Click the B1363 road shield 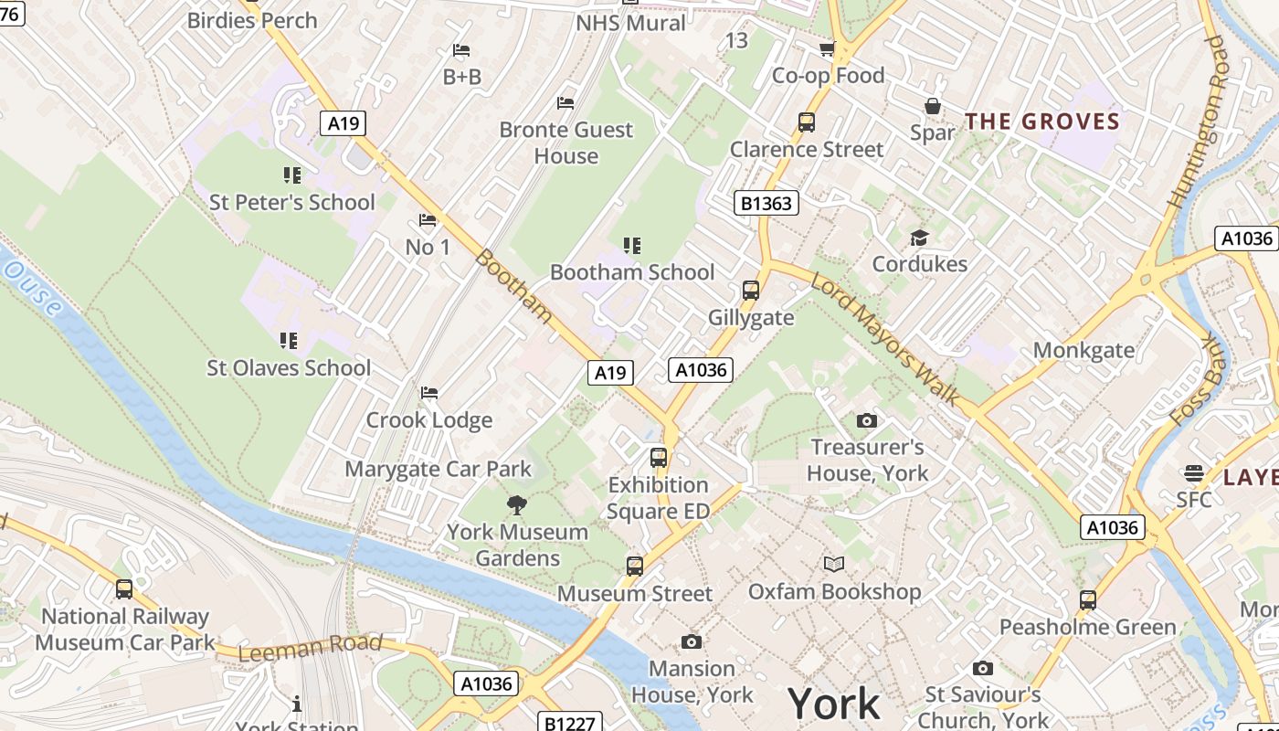pyautogui.click(x=766, y=203)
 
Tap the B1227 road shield pyautogui.click(x=569, y=723)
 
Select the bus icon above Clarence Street pyautogui.click(x=806, y=122)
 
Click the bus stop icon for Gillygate pyautogui.click(x=750, y=291)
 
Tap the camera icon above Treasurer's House pyautogui.click(x=866, y=420)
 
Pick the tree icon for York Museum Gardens pyautogui.click(x=516, y=504)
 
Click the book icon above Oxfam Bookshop pyautogui.click(x=833, y=564)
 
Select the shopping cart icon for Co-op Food pyautogui.click(x=827, y=48)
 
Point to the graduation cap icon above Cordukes pyautogui.click(x=919, y=238)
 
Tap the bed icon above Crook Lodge pyautogui.click(x=428, y=393)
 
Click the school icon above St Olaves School pyautogui.click(x=289, y=341)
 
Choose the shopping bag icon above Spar pyautogui.click(x=932, y=106)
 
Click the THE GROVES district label pyautogui.click(x=1042, y=122)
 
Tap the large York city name pyautogui.click(x=833, y=704)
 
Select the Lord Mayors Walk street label pyautogui.click(x=884, y=339)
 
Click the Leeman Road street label pyautogui.click(x=310, y=647)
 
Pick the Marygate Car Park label pyautogui.click(x=438, y=469)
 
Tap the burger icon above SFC pyautogui.click(x=1193, y=472)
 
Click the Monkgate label pyautogui.click(x=1083, y=350)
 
